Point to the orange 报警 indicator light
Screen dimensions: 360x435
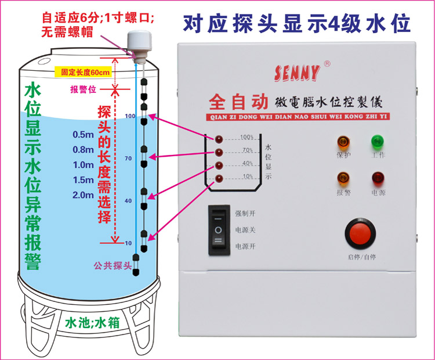[343, 178]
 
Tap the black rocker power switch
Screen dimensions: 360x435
[218, 229]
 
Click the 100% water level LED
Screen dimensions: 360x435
[220, 140]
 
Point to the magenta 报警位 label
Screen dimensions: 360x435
[84, 90]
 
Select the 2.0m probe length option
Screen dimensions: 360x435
[83, 195]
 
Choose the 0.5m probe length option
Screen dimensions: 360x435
[83, 135]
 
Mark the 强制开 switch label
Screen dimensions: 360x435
[245, 213]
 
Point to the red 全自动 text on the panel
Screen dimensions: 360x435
[237, 102]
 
